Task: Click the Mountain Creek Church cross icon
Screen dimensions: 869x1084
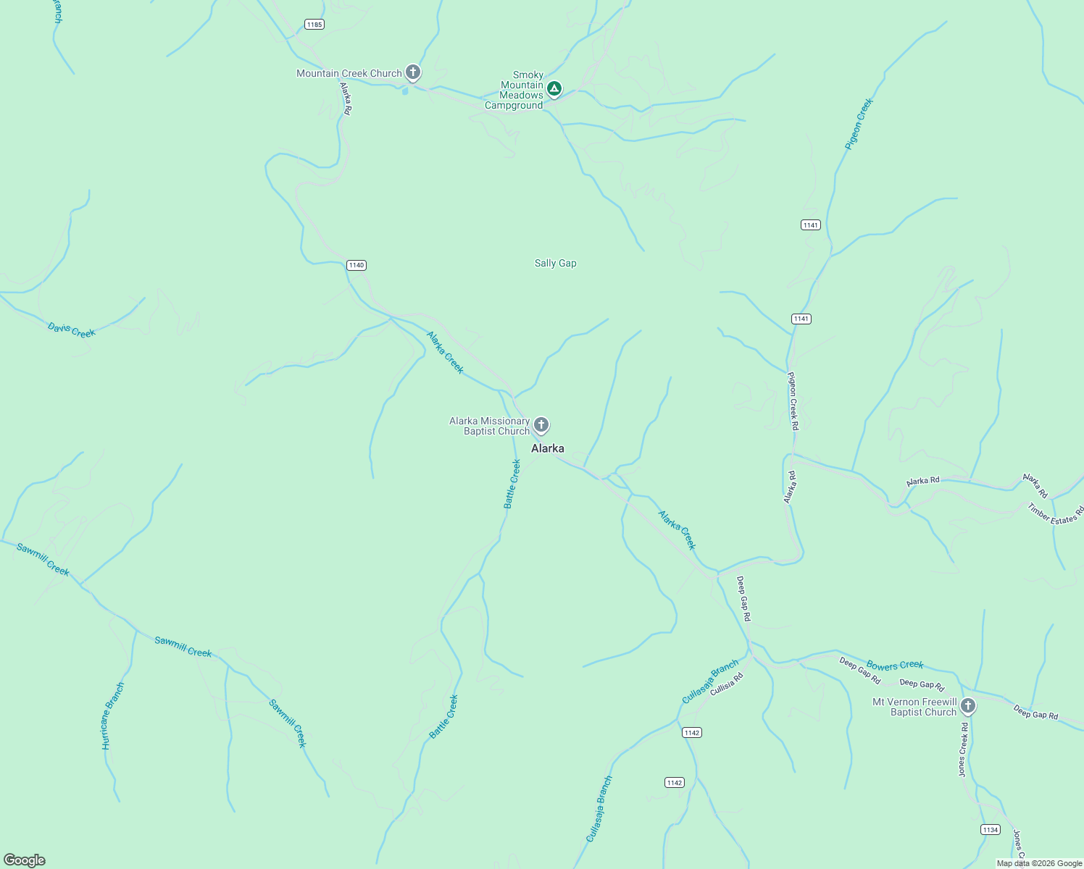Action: pyautogui.click(x=413, y=72)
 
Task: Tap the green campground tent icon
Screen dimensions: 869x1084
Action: pyautogui.click(x=554, y=88)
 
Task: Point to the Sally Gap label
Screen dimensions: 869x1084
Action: pyautogui.click(x=556, y=263)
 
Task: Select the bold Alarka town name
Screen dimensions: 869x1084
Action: pyautogui.click(x=548, y=448)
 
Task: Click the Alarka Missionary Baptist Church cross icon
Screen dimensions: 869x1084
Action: pyautogui.click(x=541, y=424)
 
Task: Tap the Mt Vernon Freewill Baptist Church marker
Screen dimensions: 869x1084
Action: pyautogui.click(x=968, y=705)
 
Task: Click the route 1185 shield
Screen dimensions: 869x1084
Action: pyautogui.click(x=314, y=25)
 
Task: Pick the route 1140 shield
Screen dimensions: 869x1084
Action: pyautogui.click(x=357, y=265)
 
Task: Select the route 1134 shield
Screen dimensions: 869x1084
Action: pyautogui.click(x=991, y=829)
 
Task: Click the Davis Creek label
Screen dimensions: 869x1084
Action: pyautogui.click(x=72, y=330)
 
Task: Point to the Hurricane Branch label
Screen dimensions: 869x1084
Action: pyautogui.click(x=112, y=715)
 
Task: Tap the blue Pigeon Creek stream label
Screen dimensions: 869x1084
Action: pyautogui.click(x=859, y=124)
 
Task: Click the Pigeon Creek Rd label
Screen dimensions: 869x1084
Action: pyautogui.click(x=793, y=401)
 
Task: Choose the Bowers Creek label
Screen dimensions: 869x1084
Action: pyautogui.click(x=895, y=665)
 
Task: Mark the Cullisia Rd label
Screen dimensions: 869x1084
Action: pyautogui.click(x=727, y=684)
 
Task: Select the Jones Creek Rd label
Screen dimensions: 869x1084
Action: pyautogui.click(x=963, y=749)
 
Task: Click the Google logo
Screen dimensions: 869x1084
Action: pyautogui.click(x=25, y=860)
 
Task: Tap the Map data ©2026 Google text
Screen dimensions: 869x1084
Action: pyautogui.click(x=1039, y=863)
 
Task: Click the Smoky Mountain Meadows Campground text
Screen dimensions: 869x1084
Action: pyautogui.click(x=517, y=90)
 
